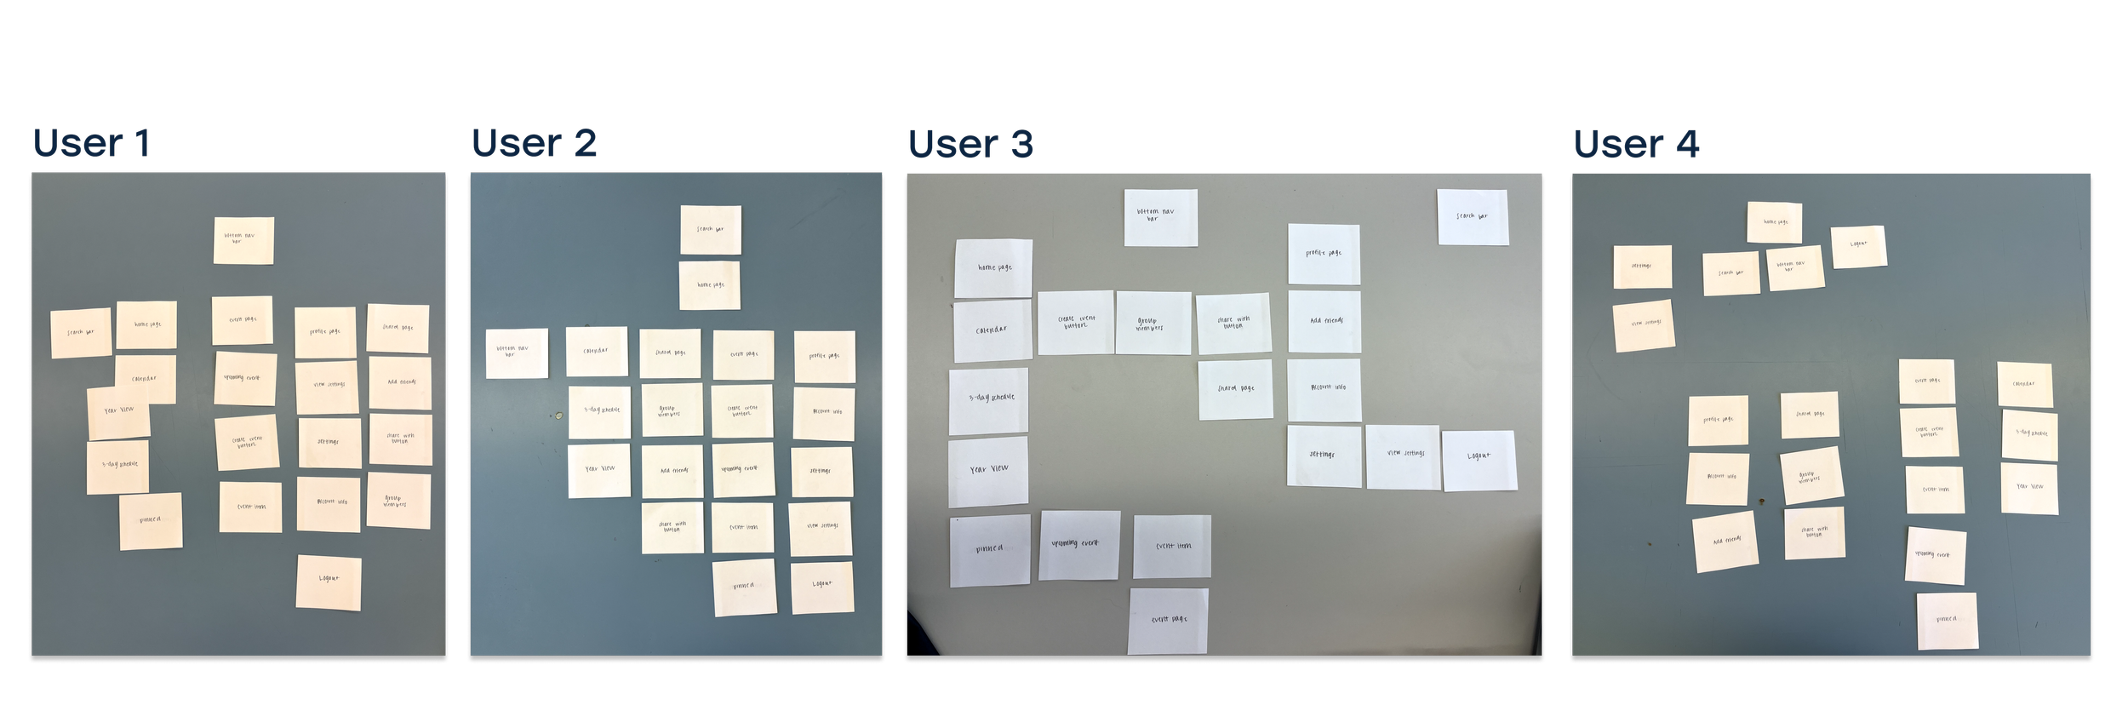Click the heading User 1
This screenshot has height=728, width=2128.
click(92, 143)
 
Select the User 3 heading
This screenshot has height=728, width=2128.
click(970, 143)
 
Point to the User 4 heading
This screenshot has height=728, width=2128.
click(1636, 143)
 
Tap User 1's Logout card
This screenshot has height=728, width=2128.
click(329, 582)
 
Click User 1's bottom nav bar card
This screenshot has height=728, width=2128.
click(243, 240)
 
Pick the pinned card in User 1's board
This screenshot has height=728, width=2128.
click(150, 521)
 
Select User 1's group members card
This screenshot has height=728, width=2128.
click(398, 501)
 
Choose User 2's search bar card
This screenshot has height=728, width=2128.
click(711, 230)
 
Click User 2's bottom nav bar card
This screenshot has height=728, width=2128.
click(517, 353)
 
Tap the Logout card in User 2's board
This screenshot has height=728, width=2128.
click(822, 587)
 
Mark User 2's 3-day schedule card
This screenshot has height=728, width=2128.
click(600, 411)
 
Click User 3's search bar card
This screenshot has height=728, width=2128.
click(1473, 217)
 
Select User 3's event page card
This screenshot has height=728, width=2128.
click(1168, 621)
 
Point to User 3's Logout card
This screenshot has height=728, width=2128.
click(1479, 460)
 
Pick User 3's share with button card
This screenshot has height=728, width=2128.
click(1233, 324)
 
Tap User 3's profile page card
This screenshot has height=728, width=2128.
click(1324, 254)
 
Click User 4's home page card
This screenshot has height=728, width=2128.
click(1775, 222)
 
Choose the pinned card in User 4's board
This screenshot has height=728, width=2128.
click(1947, 621)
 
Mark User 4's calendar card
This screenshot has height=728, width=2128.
click(2024, 385)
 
